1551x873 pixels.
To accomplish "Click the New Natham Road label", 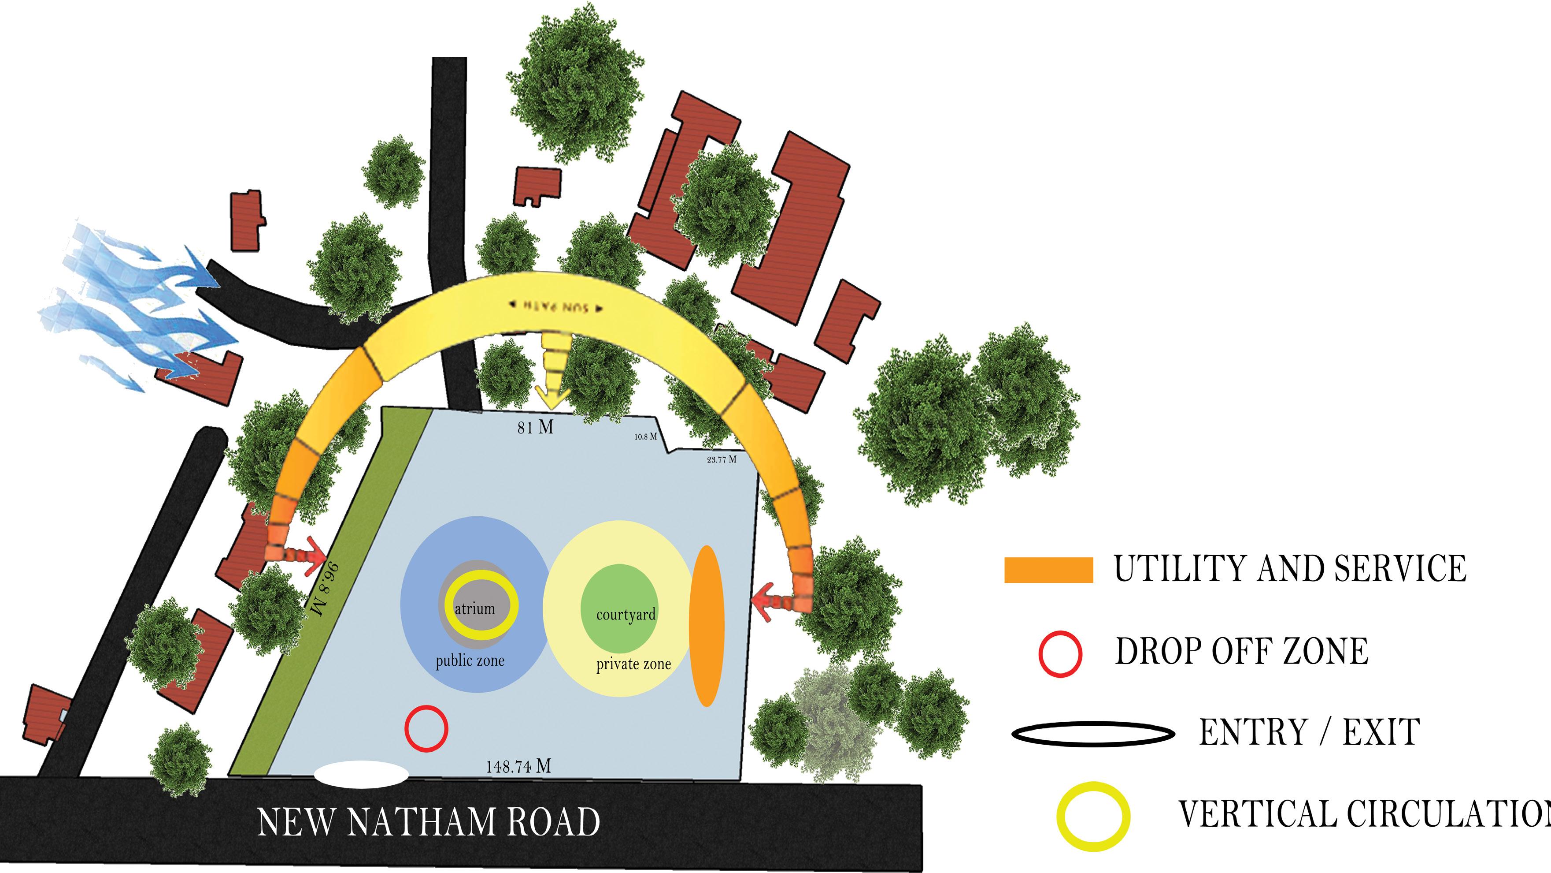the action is click(x=428, y=822).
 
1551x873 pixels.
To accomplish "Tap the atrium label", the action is click(x=475, y=608).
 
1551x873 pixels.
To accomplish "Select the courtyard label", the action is click(x=626, y=615).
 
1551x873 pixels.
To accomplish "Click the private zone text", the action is click(x=633, y=664).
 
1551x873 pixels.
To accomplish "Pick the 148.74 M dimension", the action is click(x=518, y=766).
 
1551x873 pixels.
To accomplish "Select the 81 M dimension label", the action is click(x=535, y=427).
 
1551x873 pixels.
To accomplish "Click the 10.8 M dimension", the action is click(x=645, y=436).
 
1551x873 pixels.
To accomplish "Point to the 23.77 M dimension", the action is click(x=721, y=459).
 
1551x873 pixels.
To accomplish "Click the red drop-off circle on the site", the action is click(x=426, y=728).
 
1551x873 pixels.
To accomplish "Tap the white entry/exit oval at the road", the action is click(x=362, y=775).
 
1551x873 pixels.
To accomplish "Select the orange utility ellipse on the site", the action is click(x=706, y=625).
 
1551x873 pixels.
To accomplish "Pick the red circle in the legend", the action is click(x=1060, y=654).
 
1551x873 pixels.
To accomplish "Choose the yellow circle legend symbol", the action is click(x=1093, y=817).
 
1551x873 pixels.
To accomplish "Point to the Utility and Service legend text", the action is click(x=1290, y=569).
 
